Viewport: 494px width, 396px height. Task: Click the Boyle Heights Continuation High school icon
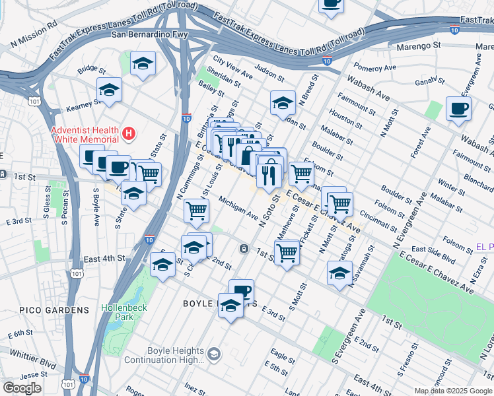tap(213, 355)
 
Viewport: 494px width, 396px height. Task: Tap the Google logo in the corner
tap(22, 387)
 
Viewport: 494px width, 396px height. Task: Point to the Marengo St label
tap(418, 46)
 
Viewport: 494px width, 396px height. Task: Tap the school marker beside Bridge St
tap(143, 64)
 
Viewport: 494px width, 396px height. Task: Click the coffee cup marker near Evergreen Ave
tap(458, 108)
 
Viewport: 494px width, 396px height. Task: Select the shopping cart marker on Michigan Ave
tap(196, 211)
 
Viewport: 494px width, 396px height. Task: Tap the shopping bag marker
tap(248, 157)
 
